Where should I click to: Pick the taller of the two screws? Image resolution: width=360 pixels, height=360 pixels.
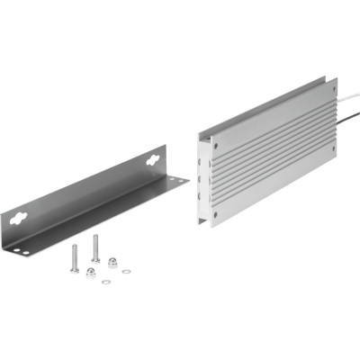(95, 247)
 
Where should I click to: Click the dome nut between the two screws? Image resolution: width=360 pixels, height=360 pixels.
(91, 273)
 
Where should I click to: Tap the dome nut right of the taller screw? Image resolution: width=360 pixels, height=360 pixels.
(113, 262)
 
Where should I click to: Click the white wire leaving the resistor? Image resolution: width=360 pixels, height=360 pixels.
(346, 93)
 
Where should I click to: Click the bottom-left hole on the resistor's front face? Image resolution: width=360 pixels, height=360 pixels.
(217, 215)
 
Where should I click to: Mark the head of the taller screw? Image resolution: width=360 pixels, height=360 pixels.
(95, 236)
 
